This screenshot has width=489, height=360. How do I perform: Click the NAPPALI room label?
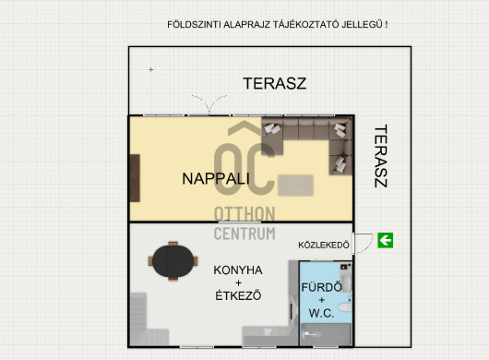[216, 178]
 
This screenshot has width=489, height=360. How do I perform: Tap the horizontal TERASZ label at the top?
[274, 83]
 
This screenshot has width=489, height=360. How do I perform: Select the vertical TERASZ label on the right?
[380, 156]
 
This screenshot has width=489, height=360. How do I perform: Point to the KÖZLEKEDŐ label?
[324, 245]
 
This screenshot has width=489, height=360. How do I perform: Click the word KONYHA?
[238, 270]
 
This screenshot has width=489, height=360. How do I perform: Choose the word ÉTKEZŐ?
[238, 295]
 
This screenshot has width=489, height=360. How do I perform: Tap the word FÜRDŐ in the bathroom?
[321, 287]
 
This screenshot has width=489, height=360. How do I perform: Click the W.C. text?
[321, 313]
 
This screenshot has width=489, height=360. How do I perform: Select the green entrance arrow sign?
[385, 241]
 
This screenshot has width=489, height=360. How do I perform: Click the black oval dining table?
[173, 261]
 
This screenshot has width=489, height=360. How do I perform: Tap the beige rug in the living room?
[295, 186]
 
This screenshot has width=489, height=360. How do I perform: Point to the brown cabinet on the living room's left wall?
[135, 178]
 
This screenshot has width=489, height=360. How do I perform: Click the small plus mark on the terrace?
[151, 69]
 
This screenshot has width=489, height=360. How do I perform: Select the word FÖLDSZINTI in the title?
[194, 25]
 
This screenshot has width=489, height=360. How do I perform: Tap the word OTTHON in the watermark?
[244, 214]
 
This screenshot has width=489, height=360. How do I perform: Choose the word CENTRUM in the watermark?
[244, 234]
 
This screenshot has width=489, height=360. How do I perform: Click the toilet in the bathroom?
[345, 307]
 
